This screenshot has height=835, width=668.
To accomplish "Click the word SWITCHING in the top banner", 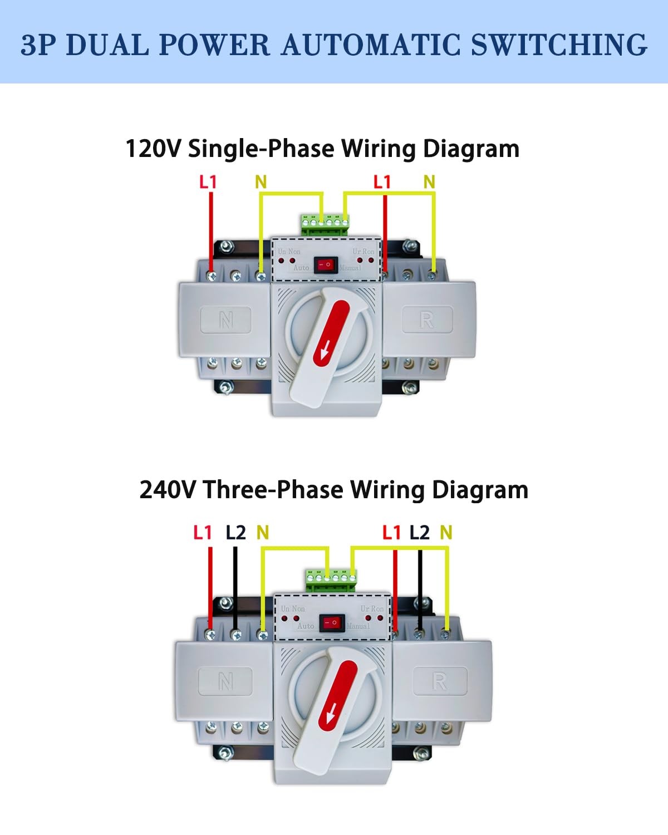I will click(559, 45).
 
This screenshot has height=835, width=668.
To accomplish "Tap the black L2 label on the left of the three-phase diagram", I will click(235, 533).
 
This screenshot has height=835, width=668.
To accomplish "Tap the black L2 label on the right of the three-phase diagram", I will click(419, 533).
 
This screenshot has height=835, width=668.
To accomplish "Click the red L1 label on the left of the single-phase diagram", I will click(208, 182).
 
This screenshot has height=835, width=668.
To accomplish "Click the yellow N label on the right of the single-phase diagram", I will click(429, 182).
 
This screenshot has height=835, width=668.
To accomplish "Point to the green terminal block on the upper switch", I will click(326, 223).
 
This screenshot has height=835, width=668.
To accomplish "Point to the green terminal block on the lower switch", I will click(331, 579).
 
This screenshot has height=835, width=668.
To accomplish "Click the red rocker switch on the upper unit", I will click(326, 265).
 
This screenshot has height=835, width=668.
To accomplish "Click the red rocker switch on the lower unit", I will click(332, 622).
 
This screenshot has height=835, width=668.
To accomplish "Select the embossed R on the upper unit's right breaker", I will click(426, 320).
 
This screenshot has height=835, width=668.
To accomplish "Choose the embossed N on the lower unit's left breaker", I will click(225, 681).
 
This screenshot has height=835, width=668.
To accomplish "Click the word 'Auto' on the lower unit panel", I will click(306, 626).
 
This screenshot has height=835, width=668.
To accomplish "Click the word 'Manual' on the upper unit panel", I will click(350, 268).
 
